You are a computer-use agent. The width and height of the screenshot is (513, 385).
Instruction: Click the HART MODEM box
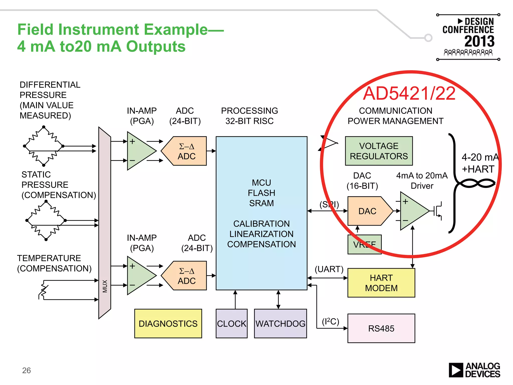tap(381, 283)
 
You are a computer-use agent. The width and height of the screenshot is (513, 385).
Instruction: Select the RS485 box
tap(381, 328)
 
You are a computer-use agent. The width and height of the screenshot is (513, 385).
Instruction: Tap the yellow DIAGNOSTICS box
tap(168, 323)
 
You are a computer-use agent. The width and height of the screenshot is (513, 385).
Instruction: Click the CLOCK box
tap(231, 324)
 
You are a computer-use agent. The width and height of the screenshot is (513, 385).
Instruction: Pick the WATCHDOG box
tap(280, 324)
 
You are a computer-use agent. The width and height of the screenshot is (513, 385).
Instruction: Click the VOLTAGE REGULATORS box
tap(379, 151)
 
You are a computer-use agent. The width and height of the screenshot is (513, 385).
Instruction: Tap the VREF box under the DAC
tap(364, 244)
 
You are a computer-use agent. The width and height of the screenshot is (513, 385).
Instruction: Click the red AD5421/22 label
tap(409, 93)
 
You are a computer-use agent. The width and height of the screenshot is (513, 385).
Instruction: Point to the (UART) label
tap(329, 269)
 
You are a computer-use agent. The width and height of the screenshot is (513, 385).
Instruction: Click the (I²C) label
tap(330, 321)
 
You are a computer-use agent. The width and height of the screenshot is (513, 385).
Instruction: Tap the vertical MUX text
tap(105, 286)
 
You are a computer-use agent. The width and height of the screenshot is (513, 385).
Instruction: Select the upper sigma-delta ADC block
tap(186, 151)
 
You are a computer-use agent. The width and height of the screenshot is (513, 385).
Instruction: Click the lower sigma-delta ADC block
tap(186, 276)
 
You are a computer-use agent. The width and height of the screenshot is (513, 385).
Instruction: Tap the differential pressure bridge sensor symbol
tap(44, 146)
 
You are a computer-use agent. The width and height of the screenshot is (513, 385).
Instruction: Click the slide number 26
tap(26, 370)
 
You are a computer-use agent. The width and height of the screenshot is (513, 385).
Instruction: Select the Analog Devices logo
tap(474, 370)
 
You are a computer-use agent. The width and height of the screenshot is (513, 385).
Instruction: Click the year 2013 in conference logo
tap(479, 41)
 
